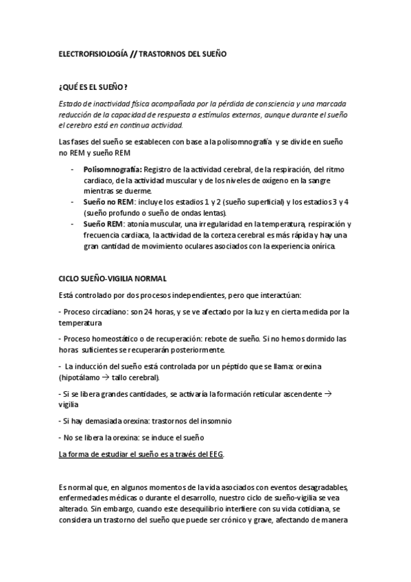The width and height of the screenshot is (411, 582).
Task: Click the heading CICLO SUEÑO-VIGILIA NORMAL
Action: [109, 278]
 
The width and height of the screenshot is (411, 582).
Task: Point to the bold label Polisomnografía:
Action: [113, 167]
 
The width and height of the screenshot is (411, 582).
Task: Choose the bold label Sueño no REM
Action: [107, 202]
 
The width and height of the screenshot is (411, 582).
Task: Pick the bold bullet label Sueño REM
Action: [102, 224]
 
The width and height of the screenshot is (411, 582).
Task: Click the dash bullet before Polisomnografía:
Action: [73, 167]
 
